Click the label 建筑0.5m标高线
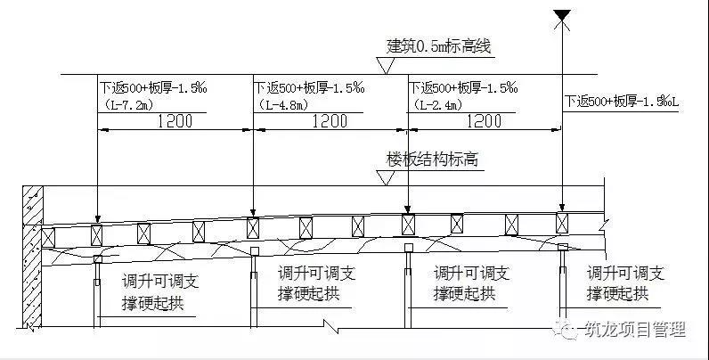(438, 46)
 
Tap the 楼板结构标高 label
(432, 160)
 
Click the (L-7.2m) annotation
(126, 105)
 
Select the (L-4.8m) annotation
(282, 105)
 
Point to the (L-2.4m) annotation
(436, 105)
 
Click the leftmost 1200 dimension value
(175, 121)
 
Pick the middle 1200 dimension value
(330, 121)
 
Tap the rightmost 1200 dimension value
(484, 121)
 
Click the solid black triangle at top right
(562, 14)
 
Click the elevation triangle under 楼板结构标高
(386, 178)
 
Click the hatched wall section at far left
(33, 256)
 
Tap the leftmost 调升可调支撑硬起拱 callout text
(160, 292)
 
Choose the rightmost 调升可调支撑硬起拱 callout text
(625, 283)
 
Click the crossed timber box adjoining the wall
(48, 237)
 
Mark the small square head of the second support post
(254, 250)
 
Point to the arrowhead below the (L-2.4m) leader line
(408, 209)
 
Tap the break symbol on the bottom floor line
(331, 326)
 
